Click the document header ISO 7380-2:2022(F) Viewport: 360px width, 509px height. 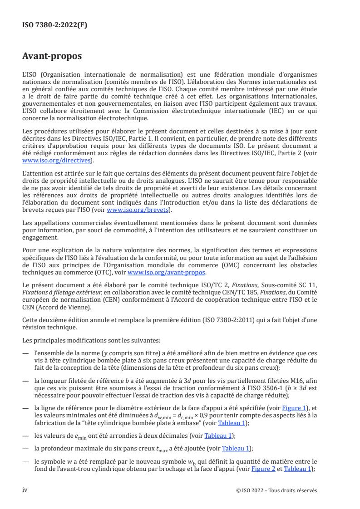[x=55, y=25]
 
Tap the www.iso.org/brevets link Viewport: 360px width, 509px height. [x=147, y=210]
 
